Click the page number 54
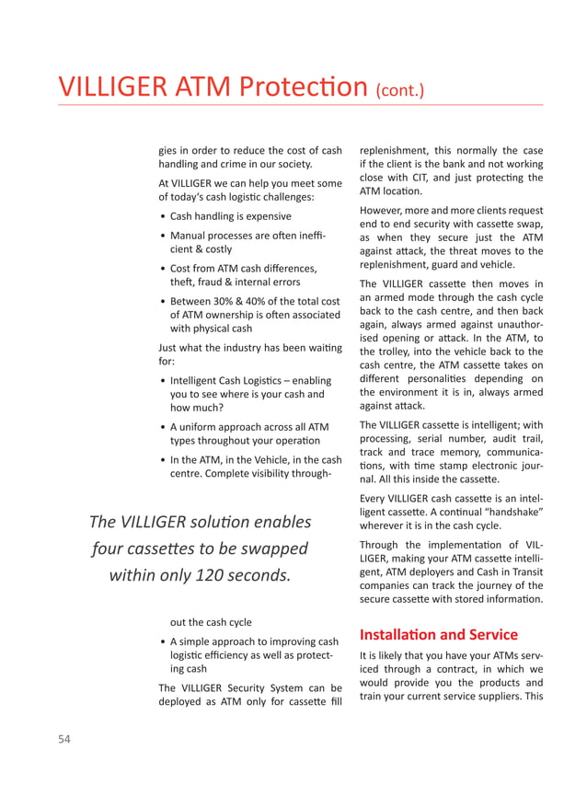click(x=63, y=738)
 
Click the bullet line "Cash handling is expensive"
click(x=230, y=216)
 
